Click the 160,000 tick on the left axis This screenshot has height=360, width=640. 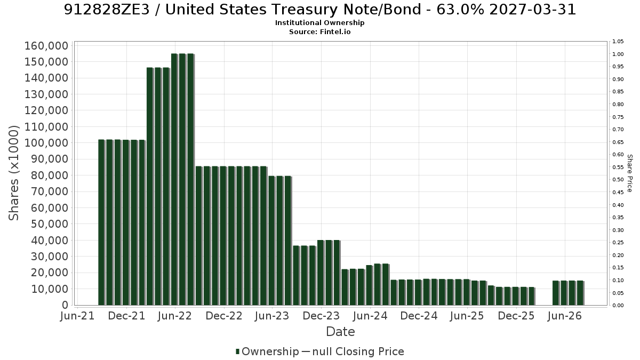pyautogui.click(x=46, y=46)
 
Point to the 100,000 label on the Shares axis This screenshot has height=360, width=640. pyautogui.click(x=46, y=143)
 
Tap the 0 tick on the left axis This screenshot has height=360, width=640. pyautogui.click(x=66, y=305)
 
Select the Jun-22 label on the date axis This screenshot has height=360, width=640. pyautogui.click(x=174, y=316)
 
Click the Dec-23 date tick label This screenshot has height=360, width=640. pyautogui.click(x=321, y=316)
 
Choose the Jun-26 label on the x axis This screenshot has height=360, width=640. pyautogui.click(x=565, y=316)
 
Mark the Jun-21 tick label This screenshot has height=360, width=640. pyautogui.click(x=77, y=316)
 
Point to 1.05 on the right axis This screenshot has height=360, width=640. pyautogui.click(x=618, y=42)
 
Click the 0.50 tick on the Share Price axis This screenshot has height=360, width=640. pyautogui.click(x=618, y=179)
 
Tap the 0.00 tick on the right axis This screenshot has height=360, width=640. pyautogui.click(x=618, y=306)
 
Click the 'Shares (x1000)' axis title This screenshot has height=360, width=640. pyautogui.click(x=13, y=173)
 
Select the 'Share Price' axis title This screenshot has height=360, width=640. pyautogui.click(x=629, y=173)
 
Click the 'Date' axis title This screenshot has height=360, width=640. pyautogui.click(x=340, y=332)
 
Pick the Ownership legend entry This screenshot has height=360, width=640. pyautogui.click(x=267, y=351)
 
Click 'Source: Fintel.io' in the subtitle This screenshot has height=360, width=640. pyautogui.click(x=319, y=31)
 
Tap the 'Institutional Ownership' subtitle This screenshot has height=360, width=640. pyautogui.click(x=319, y=23)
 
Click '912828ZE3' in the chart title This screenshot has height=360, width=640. pyautogui.click(x=107, y=10)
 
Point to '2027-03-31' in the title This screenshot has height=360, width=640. pyautogui.click(x=533, y=10)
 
